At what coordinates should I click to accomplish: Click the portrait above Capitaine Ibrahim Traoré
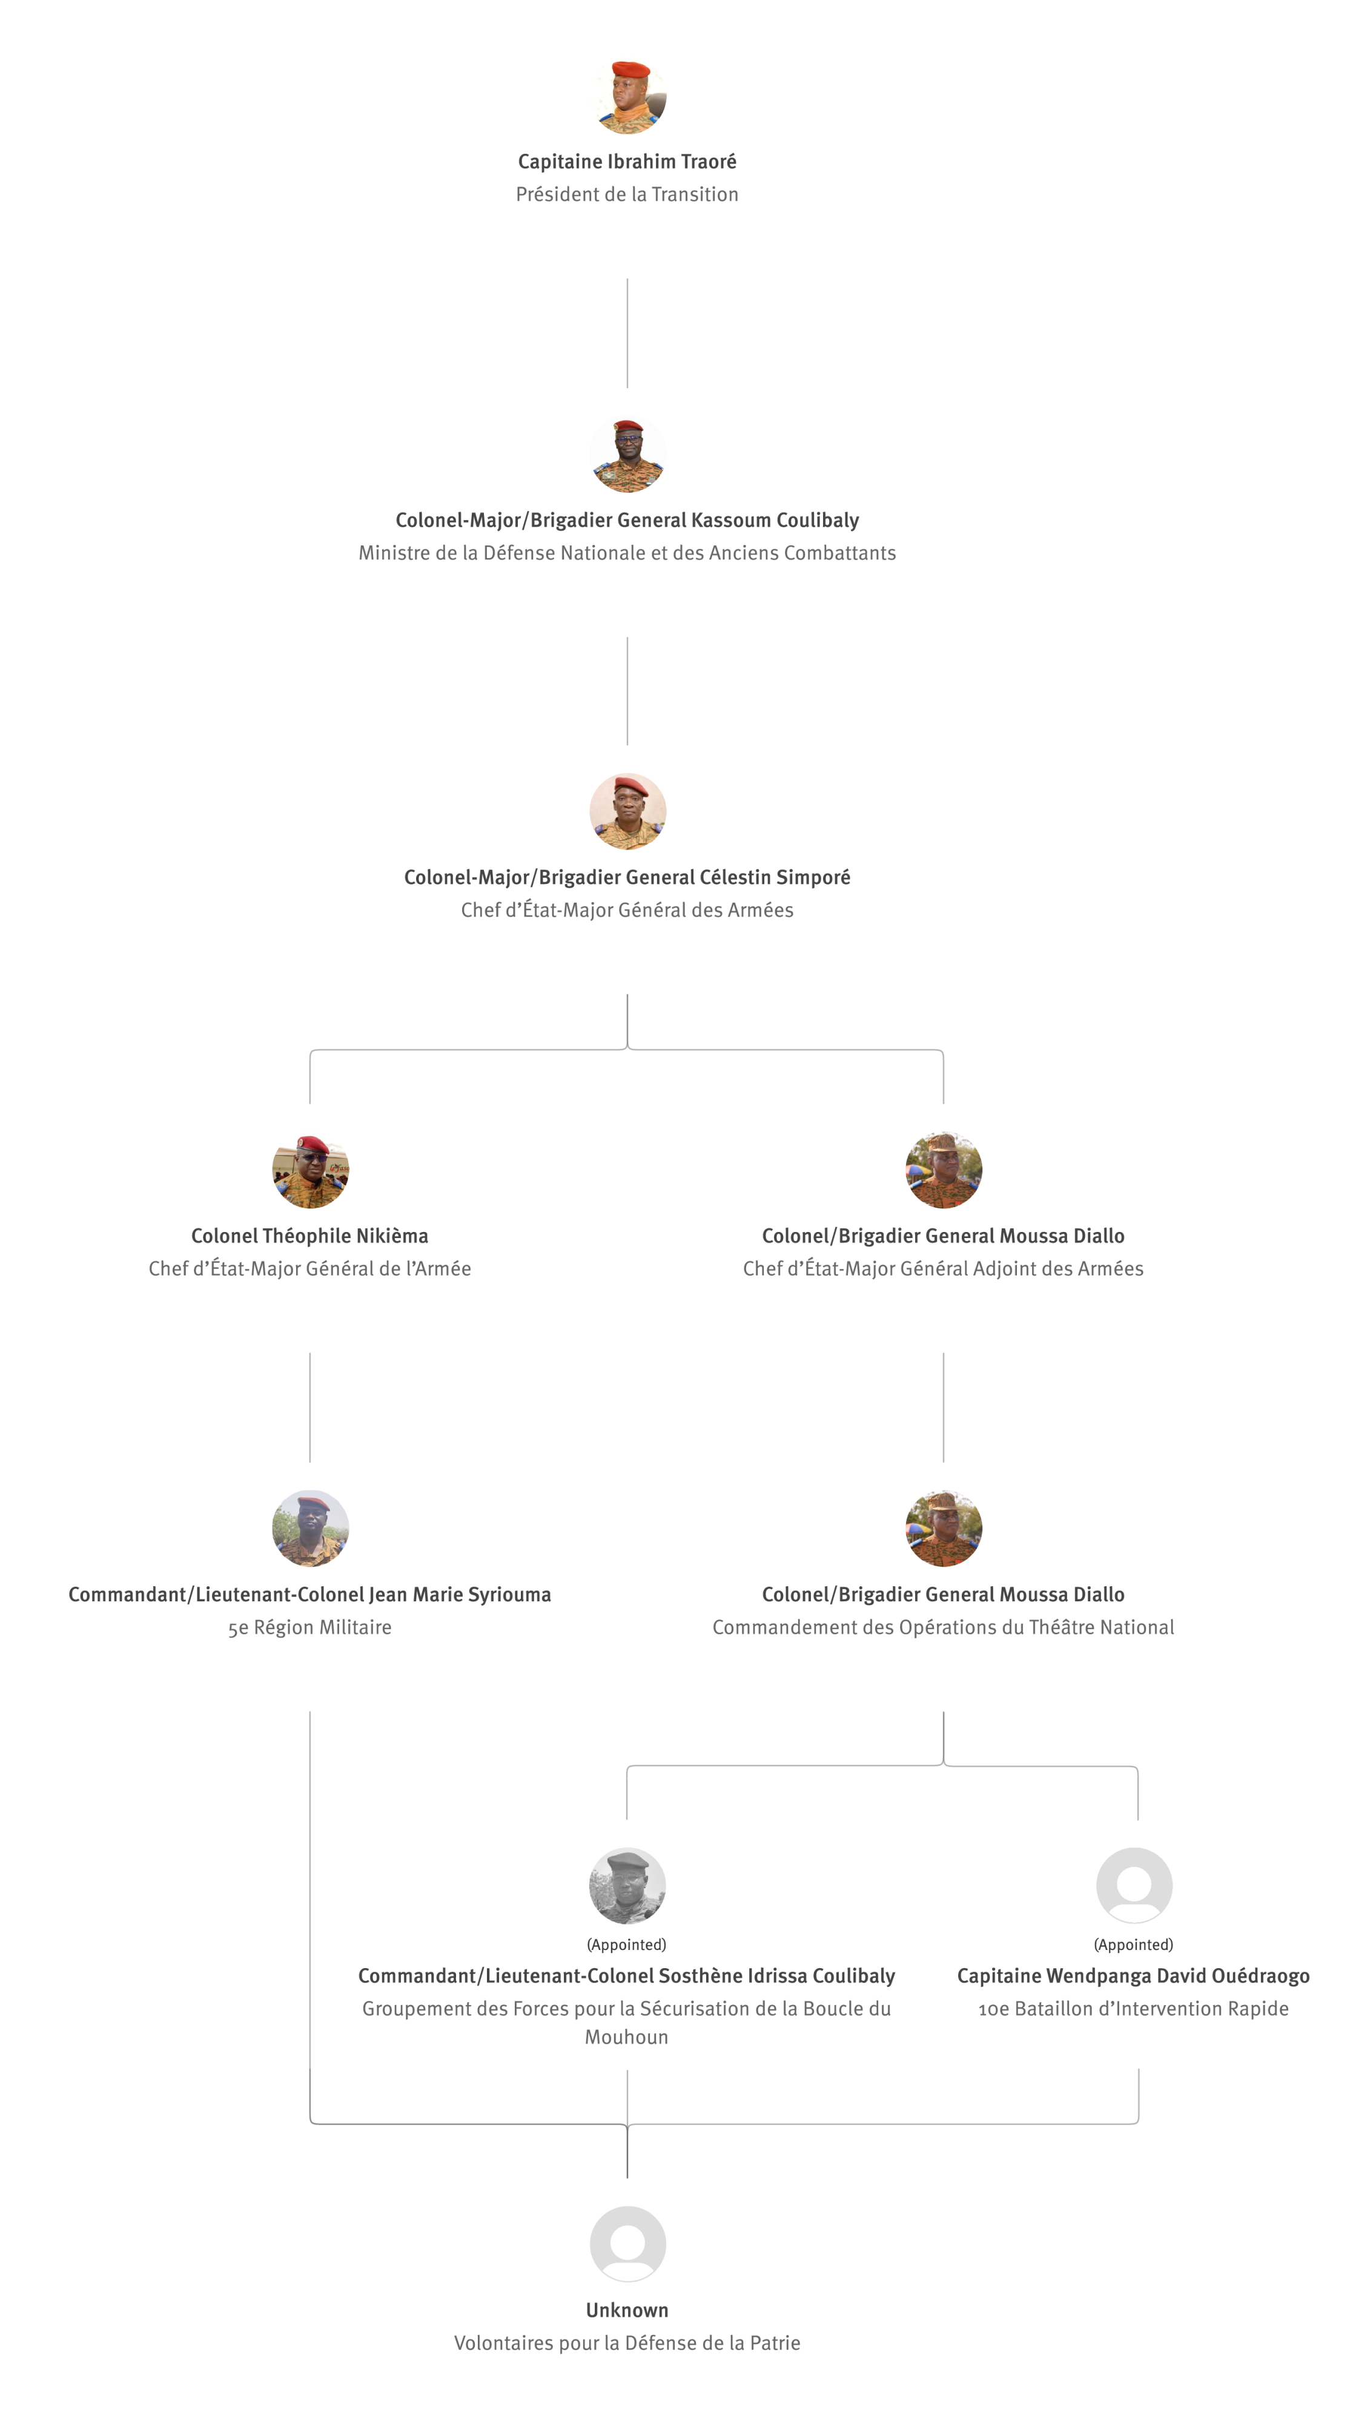[627, 96]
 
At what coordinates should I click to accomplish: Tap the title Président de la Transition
[627, 194]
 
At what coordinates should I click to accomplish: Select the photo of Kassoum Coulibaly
[627, 454]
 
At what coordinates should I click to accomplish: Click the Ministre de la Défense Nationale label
[627, 553]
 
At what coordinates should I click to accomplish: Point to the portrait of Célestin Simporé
[627, 812]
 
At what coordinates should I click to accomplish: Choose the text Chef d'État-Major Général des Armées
[627, 910]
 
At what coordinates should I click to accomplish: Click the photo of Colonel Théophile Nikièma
[310, 1170]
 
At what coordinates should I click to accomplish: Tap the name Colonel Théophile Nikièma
[309, 1236]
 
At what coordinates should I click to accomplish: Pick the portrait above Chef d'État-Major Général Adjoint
[944, 1170]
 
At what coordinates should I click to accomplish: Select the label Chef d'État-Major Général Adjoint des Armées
[943, 1269]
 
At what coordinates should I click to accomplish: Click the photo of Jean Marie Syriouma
[310, 1528]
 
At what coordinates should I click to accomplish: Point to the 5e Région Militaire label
[309, 1627]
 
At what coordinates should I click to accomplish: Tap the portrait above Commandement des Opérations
[944, 1528]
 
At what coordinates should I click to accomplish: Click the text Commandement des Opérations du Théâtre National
[943, 1627]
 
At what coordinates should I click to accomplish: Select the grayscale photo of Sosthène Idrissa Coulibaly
[627, 1886]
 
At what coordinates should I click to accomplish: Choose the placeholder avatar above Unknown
[627, 2244]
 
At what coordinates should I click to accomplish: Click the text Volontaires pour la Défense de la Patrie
[627, 2343]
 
